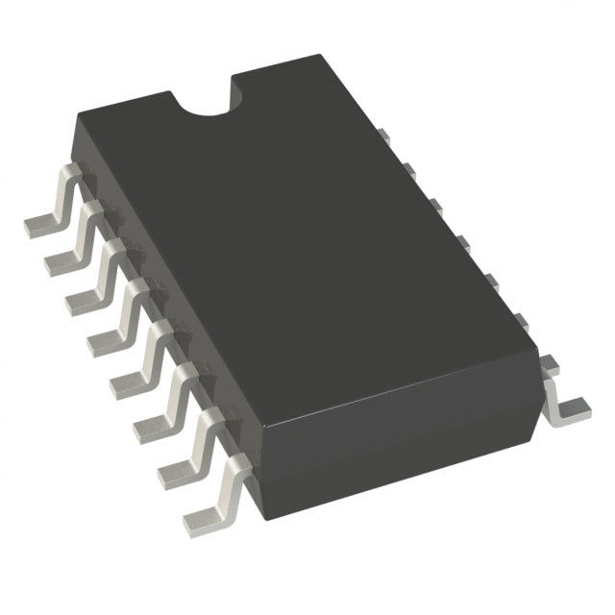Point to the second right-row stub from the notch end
coord(407,170)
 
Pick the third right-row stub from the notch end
coord(435,204)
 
